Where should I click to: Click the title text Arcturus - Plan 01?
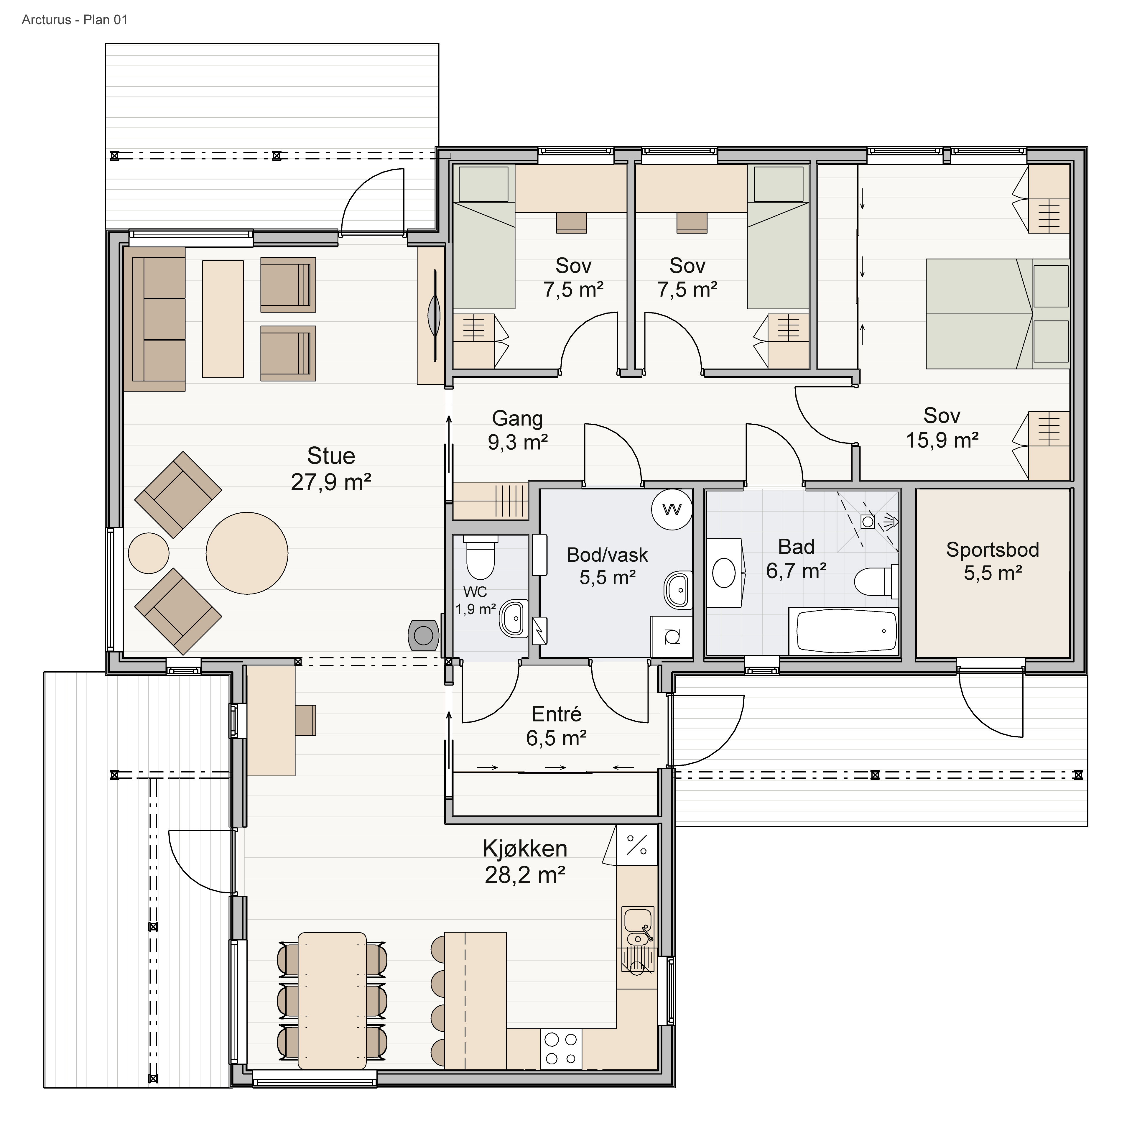pyautogui.click(x=74, y=20)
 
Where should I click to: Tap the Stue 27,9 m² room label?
pyautogui.click(x=331, y=469)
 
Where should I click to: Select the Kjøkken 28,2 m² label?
pyautogui.click(x=525, y=862)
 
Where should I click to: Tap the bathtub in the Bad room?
pyautogui.click(x=844, y=631)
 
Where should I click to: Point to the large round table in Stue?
pyautogui.click(x=247, y=553)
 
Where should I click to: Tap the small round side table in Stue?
pyautogui.click(x=149, y=553)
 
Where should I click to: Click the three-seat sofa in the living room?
pyautogui.click(x=155, y=319)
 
